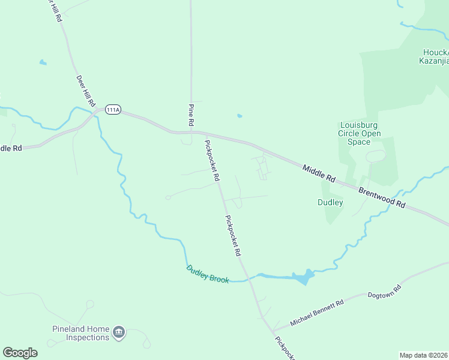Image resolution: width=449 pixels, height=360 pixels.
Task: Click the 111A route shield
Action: click(x=113, y=110)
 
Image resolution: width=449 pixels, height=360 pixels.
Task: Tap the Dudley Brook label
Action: click(x=208, y=274)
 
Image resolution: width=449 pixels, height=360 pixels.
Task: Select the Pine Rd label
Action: click(x=191, y=115)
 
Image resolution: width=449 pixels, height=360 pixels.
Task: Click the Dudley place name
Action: click(x=330, y=202)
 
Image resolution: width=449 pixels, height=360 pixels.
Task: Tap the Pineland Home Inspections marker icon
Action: click(x=119, y=332)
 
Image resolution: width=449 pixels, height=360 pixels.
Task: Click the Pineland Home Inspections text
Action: click(x=80, y=333)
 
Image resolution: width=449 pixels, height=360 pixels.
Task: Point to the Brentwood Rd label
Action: click(x=382, y=196)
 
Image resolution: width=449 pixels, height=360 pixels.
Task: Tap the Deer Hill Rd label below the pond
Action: click(x=86, y=91)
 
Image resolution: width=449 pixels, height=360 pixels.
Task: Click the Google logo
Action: click(x=20, y=352)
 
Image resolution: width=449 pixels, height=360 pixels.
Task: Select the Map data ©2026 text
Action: click(x=423, y=355)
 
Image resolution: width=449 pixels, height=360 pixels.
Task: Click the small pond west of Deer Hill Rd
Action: click(x=43, y=62)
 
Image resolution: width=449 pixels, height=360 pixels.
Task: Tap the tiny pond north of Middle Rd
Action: click(x=240, y=116)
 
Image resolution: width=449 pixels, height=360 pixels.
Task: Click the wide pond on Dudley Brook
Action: click(x=303, y=277)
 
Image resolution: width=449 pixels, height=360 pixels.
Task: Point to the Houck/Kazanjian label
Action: click(x=433, y=56)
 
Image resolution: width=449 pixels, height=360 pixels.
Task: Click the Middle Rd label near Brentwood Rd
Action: click(x=318, y=173)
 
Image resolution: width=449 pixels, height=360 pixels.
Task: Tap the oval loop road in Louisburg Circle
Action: click(x=376, y=156)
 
